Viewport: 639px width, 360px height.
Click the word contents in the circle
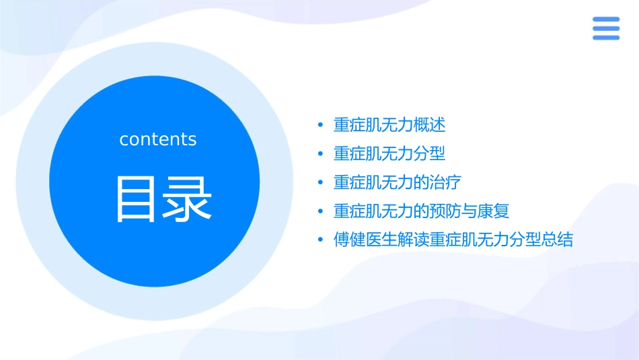(158, 139)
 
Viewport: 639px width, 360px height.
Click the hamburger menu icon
(606, 28)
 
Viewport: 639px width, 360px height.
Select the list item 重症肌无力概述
(389, 125)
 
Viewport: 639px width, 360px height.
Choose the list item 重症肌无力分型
(389, 154)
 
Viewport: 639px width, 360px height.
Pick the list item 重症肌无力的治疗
(397, 182)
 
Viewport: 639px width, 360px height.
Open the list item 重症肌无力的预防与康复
(421, 211)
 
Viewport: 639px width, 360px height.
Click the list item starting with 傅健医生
(453, 240)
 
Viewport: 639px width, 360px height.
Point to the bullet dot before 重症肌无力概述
(321, 126)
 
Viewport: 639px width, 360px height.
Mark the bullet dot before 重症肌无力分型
(321, 155)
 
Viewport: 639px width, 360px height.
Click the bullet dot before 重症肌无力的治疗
(321, 183)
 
